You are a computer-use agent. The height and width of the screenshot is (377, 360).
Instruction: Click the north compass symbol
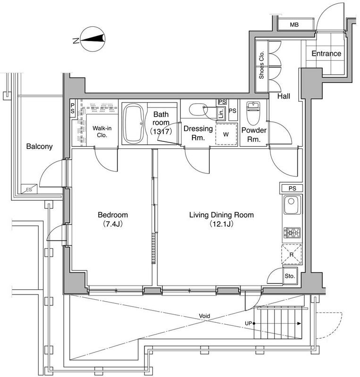92,39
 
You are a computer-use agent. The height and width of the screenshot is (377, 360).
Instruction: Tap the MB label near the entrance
294,25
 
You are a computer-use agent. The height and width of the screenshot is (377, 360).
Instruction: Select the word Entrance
327,53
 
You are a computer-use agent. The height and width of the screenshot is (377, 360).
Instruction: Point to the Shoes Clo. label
261,65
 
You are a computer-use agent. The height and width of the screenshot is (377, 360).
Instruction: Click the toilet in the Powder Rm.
253,113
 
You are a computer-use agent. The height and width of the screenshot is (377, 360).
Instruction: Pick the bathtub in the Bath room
134,123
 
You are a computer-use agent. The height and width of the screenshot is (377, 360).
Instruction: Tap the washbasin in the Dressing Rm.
198,110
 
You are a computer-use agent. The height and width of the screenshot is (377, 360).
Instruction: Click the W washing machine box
226,134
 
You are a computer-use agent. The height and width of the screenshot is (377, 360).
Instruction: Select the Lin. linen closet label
221,113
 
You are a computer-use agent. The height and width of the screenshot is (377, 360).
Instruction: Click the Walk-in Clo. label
102,132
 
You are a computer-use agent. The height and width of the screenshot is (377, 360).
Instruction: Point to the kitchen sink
292,205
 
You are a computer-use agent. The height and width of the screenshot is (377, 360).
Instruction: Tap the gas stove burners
292,233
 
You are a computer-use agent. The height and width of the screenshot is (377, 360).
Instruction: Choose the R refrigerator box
292,254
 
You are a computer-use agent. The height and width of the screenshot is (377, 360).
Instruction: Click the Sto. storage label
290,276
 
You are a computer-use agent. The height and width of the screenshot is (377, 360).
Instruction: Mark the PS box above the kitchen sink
292,188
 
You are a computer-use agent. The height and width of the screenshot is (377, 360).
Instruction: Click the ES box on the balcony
29,189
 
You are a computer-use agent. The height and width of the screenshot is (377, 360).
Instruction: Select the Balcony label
40,147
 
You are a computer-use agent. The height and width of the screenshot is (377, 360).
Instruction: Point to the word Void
204,316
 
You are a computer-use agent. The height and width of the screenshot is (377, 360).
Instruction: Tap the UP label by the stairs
248,323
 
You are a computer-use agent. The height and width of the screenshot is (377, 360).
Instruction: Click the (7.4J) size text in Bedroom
113,224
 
